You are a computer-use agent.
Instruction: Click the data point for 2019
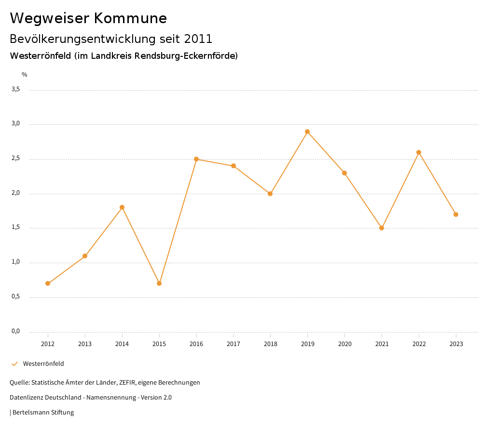(307, 132)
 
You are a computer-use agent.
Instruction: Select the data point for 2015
(159, 283)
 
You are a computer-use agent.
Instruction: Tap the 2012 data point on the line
(48, 283)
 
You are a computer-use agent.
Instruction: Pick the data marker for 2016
(196, 159)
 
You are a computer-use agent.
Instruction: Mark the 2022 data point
(419, 152)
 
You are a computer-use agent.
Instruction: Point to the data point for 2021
(382, 228)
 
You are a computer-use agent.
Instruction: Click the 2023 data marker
(456, 214)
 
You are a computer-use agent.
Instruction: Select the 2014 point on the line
(122, 207)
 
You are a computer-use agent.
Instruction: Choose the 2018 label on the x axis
(270, 344)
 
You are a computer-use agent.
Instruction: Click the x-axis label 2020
(344, 344)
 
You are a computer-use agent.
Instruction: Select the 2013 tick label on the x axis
(85, 344)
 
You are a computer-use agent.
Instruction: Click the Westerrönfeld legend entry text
(43, 364)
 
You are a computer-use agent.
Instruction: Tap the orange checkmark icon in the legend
(14, 364)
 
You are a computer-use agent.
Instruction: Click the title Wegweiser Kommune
(88, 18)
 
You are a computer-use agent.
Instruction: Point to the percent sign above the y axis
(25, 75)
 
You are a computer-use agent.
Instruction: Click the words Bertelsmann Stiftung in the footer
(43, 413)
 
